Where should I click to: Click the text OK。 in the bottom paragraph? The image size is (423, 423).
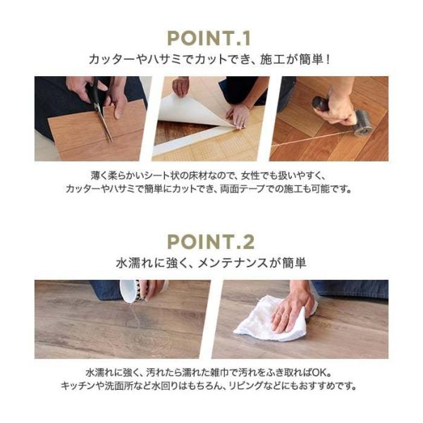point(324,372)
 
